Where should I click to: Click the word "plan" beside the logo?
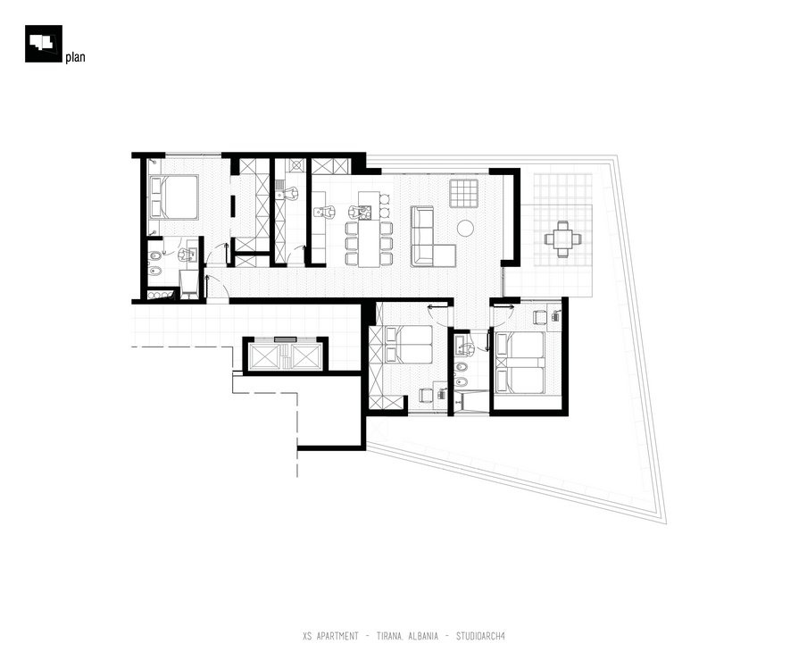75,57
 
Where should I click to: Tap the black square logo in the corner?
44,44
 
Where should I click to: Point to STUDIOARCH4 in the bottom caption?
480,636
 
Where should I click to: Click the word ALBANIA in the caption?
423,636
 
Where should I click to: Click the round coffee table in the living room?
465,228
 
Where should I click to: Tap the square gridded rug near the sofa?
463,194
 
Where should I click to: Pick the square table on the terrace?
563,239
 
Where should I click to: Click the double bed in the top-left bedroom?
174,197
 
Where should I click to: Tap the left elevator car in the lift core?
264,356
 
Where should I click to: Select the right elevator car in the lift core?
307,356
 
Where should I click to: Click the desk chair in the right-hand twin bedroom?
539,317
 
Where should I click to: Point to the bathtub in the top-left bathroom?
189,285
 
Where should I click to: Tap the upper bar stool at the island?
384,197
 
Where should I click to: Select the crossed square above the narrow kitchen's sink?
296,165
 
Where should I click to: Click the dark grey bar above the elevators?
285,339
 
